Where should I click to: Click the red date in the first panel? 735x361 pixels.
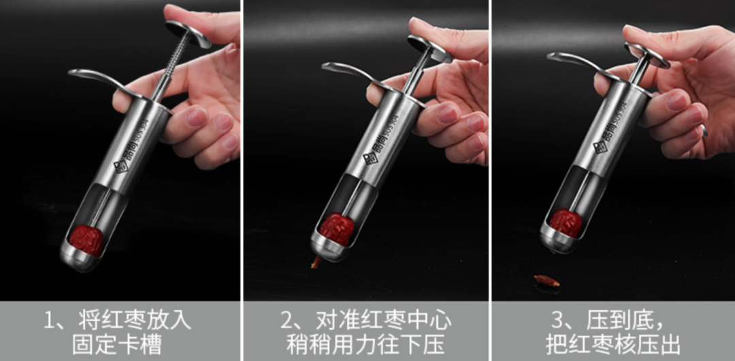click(x=86, y=240)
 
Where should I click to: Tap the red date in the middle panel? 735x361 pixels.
click(x=337, y=229)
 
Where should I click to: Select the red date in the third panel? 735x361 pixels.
click(x=566, y=222)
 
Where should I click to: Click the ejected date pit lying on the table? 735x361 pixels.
click(x=546, y=281)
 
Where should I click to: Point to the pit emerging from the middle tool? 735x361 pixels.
click(x=316, y=262)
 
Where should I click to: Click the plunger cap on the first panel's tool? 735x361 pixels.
click(x=189, y=34)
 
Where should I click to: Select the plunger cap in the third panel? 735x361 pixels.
click(x=647, y=55)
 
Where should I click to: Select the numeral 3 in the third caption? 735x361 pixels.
click(x=557, y=321)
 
